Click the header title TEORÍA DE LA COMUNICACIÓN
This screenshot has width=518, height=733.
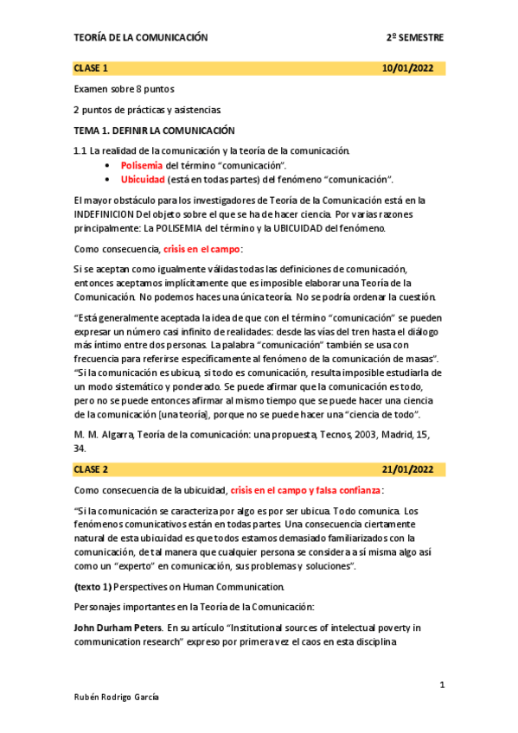point(141,38)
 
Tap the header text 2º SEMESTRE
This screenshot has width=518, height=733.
point(415,38)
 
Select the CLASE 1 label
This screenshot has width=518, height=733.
point(91,68)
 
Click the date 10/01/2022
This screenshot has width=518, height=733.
point(413,68)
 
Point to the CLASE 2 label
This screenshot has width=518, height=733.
point(91,469)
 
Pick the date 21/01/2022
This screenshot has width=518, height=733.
point(413,469)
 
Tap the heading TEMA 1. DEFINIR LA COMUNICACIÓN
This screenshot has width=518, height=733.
point(154,131)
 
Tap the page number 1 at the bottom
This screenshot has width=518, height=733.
point(441,685)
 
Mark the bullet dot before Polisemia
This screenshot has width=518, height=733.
point(106,165)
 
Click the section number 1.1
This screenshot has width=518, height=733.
point(80,151)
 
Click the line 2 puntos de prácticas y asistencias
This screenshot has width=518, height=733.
point(147,110)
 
